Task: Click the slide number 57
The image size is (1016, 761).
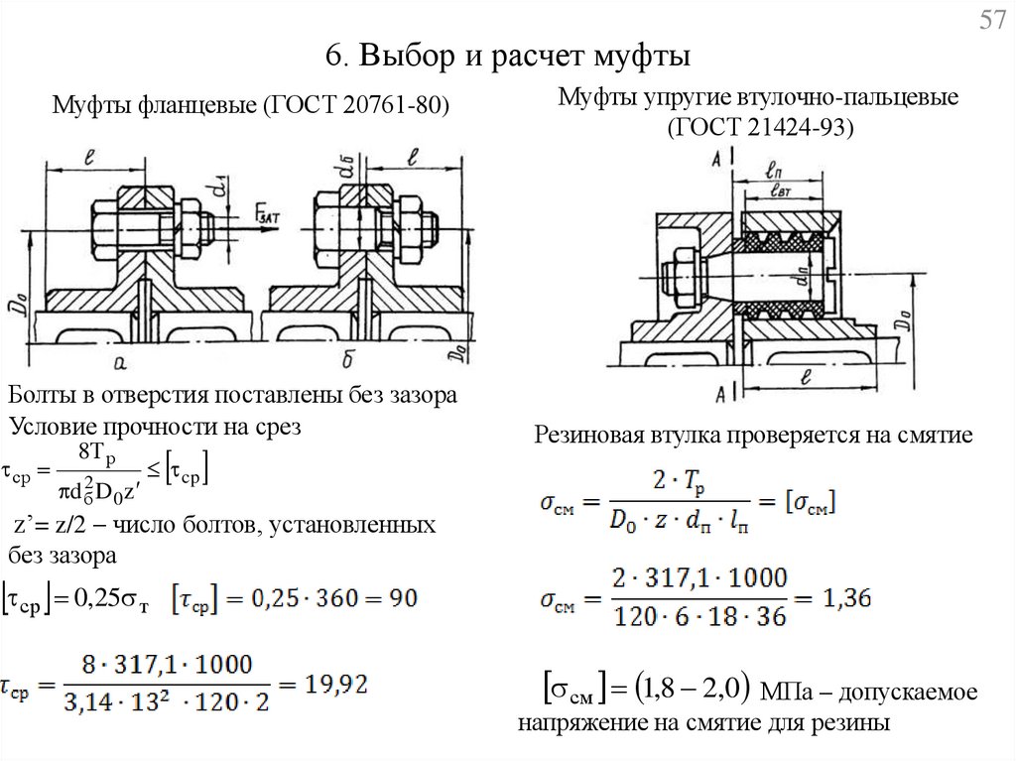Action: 992,22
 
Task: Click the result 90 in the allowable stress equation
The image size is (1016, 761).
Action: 403,599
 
